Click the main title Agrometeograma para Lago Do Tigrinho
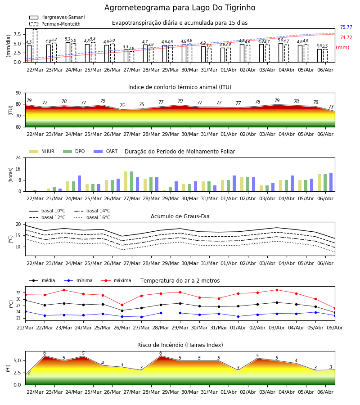tap(180, 8)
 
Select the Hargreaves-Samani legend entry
tap(57, 17)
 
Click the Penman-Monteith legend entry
tap(55, 24)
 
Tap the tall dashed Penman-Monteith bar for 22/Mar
tap(35, 46)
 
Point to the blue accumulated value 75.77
tap(346, 27)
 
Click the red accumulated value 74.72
tap(346, 37)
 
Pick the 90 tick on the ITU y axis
tap(18, 93)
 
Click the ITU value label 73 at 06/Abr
tap(331, 107)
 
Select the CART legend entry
tap(106, 151)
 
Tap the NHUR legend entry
tap(42, 151)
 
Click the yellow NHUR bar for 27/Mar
tap(126, 181)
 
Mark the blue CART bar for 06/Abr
tap(331, 182)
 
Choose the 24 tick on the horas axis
tap(18, 157)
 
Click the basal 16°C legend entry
tap(92, 217)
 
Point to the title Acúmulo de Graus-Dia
tap(180, 216)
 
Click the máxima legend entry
tap(116, 280)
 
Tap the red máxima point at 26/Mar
tap(122, 305)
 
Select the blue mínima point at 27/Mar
tap(141, 317)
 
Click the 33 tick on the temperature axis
tap(18, 293)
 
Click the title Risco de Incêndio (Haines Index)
tap(180, 345)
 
